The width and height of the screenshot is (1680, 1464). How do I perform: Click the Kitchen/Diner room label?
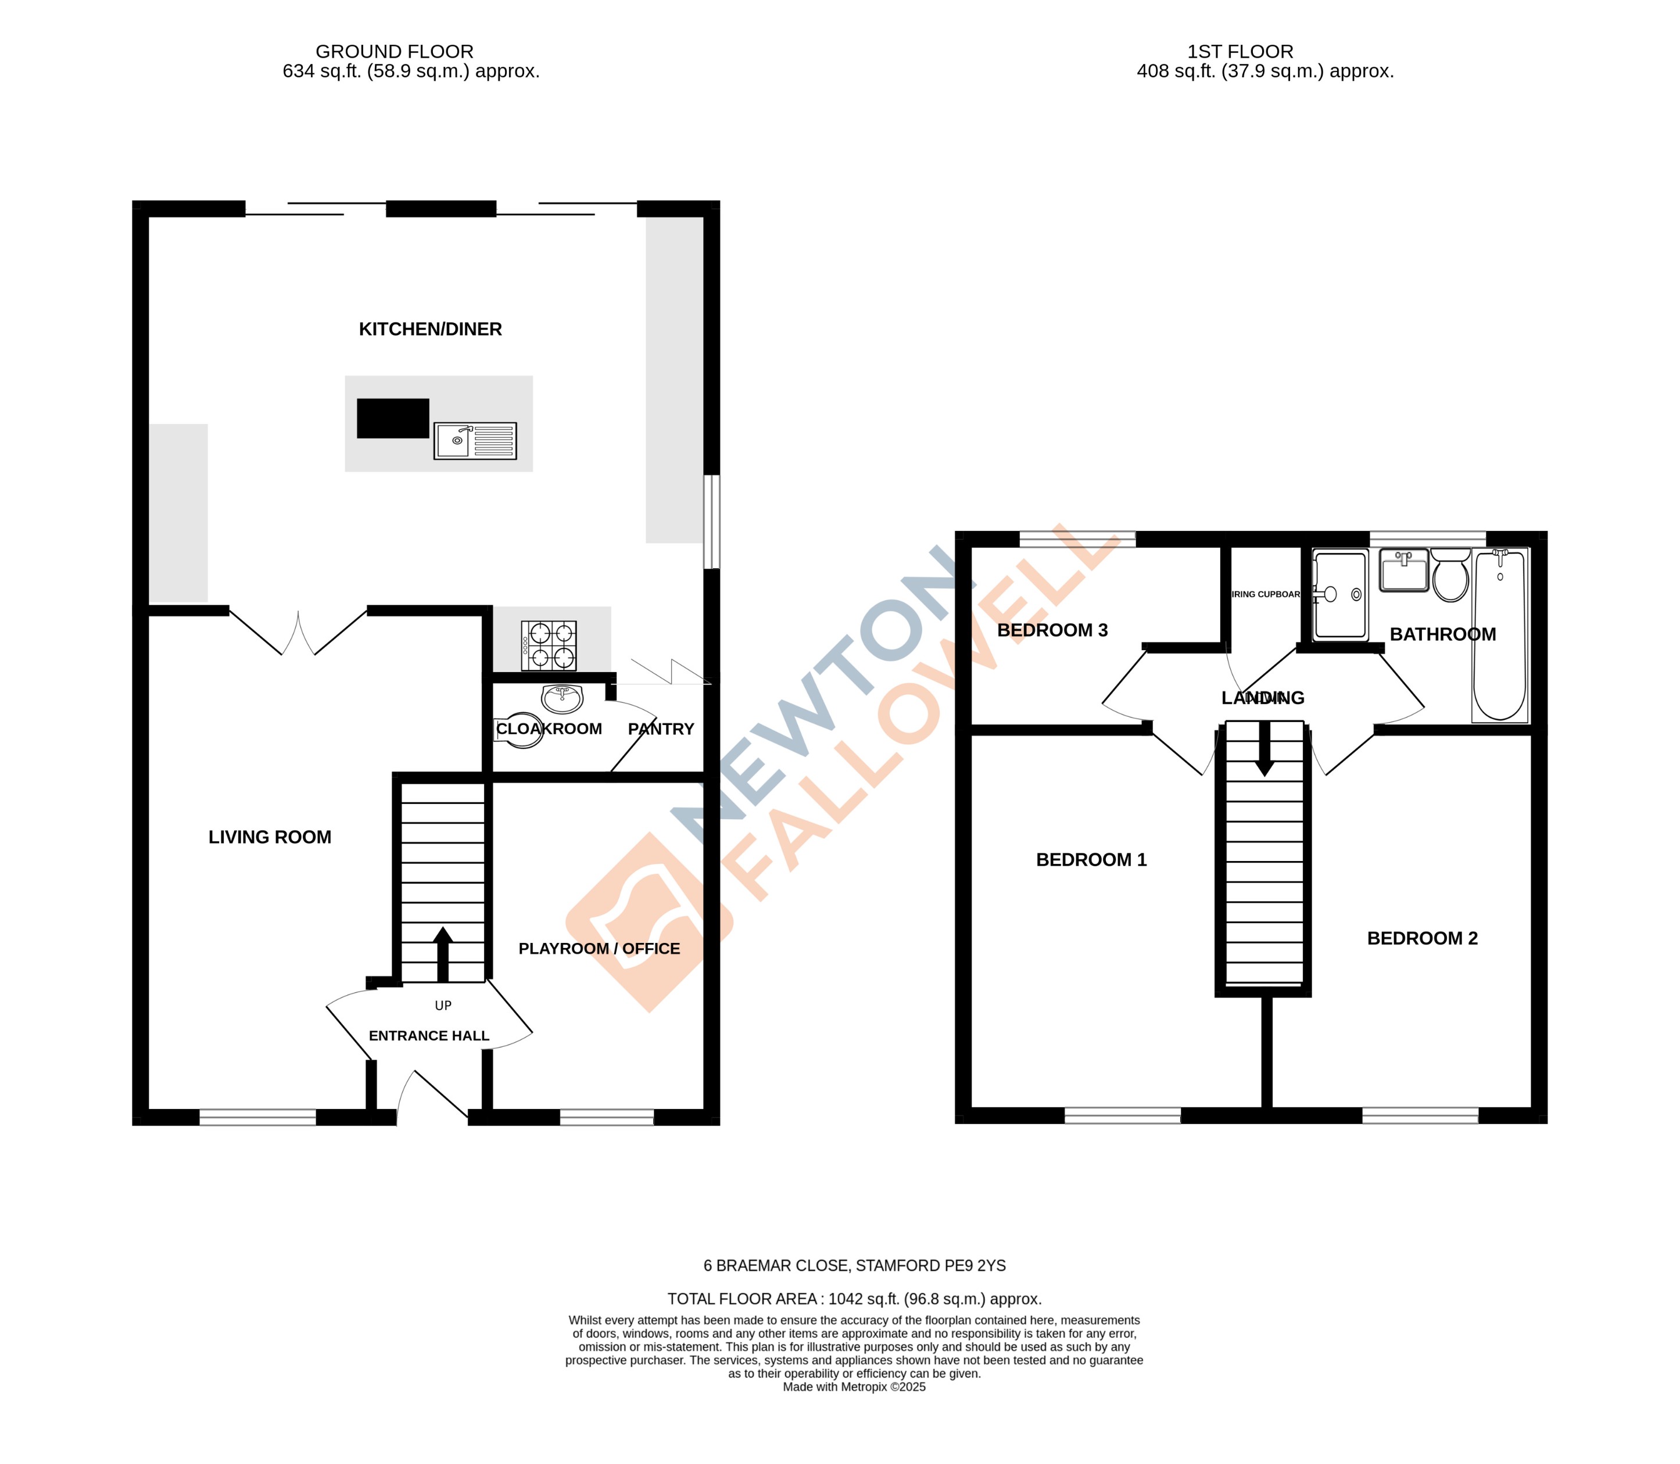tap(430, 329)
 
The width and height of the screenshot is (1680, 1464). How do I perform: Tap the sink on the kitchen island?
tap(475, 441)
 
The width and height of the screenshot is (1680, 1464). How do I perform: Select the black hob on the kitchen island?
tap(392, 418)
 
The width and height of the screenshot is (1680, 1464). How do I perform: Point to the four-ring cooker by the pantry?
tap(549, 645)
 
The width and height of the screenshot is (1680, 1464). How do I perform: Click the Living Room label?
tap(270, 837)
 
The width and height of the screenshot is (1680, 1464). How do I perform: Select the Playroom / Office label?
tap(599, 949)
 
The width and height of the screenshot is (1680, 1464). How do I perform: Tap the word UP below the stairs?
tap(443, 1006)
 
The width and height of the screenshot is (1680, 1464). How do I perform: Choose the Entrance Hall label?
tap(428, 1036)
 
